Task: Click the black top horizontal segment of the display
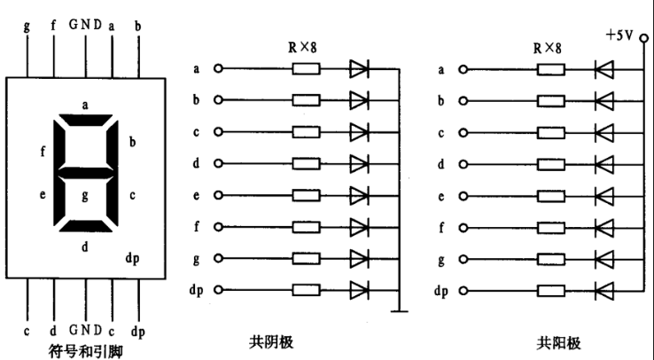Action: point(85,120)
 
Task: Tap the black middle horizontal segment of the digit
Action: point(85,173)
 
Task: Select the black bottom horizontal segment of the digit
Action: point(85,226)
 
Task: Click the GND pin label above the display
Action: point(85,25)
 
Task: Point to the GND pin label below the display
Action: point(85,330)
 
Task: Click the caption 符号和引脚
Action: point(85,351)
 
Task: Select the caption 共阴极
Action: point(271,342)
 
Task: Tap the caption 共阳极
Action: point(558,343)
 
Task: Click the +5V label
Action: point(619,35)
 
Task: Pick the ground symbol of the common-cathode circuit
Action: point(399,310)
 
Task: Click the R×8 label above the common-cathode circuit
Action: point(302,48)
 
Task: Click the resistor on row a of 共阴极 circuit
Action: point(306,69)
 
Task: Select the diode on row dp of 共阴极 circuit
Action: point(359,290)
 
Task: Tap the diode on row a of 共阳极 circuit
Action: point(604,70)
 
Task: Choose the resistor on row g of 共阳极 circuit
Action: point(551,260)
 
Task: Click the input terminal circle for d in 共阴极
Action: point(218,163)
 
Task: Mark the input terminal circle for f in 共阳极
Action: point(463,228)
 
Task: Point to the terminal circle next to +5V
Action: point(644,38)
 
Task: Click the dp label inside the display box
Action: point(133,259)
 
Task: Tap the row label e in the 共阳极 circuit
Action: point(441,197)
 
